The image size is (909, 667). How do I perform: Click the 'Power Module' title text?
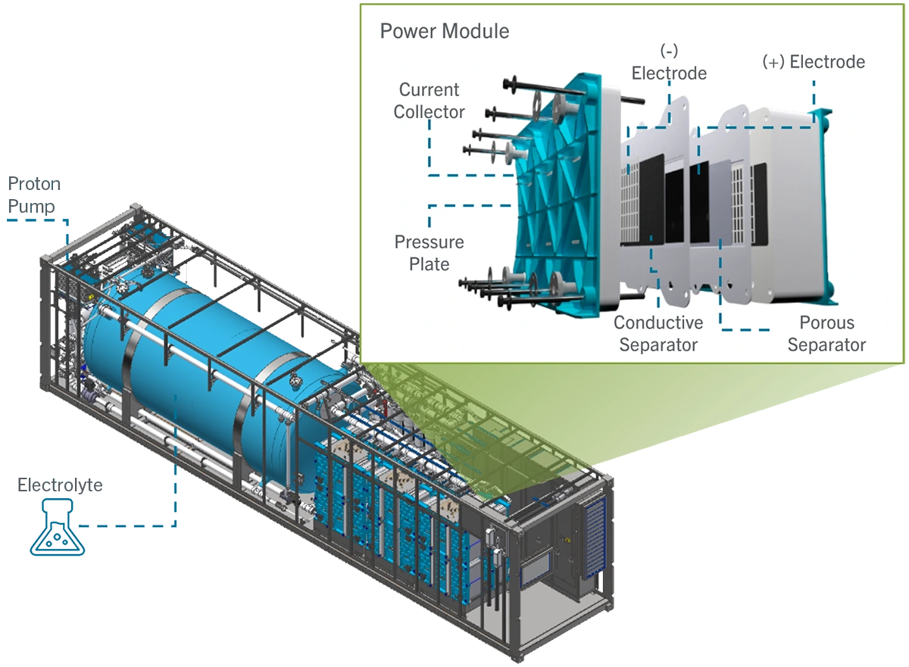(x=444, y=32)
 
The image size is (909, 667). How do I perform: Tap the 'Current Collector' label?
(x=429, y=101)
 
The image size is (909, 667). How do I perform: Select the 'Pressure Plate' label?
(x=429, y=253)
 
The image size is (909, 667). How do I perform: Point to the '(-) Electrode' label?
(x=669, y=62)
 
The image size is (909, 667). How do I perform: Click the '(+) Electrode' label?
(x=813, y=62)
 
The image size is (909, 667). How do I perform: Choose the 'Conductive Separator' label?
(x=658, y=334)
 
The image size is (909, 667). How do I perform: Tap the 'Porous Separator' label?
(x=826, y=334)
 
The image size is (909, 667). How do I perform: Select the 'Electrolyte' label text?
(x=60, y=486)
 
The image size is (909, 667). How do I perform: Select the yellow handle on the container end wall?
(x=564, y=540)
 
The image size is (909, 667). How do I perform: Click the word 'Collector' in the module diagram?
(x=429, y=112)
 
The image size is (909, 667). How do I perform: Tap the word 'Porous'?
(x=826, y=323)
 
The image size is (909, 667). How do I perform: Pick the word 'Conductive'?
(x=658, y=323)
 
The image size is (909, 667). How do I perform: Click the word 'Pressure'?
(x=429, y=242)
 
